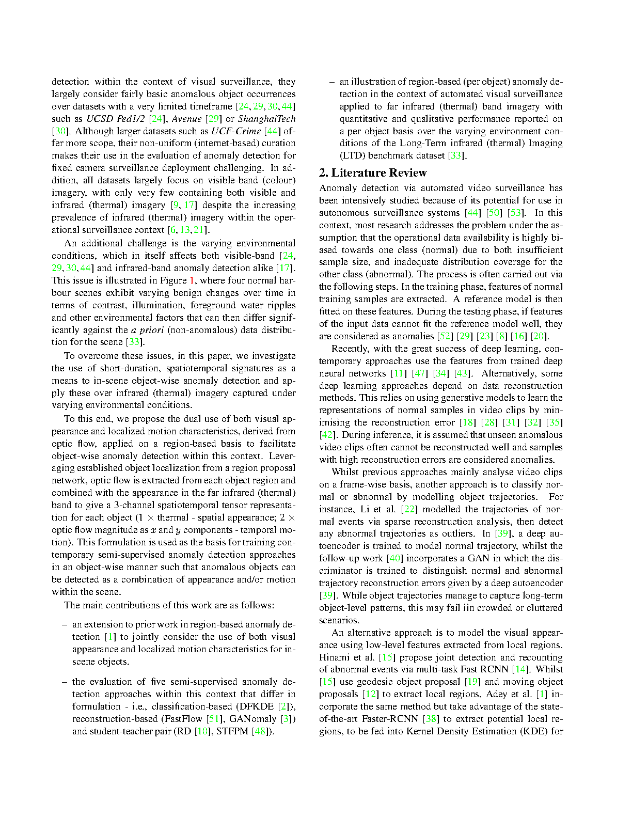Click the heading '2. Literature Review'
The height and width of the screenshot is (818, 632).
373,173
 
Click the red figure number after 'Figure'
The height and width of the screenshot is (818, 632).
192,280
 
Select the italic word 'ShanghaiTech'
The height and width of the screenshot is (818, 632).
267,119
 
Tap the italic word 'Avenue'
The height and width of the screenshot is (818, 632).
186,119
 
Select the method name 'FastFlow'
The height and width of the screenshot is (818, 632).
182,719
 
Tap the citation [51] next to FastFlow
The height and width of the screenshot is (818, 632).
214,719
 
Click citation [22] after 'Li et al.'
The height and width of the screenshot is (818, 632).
408,509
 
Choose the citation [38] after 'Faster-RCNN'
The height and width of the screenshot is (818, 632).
431,719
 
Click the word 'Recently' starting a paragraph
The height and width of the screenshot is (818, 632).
350,349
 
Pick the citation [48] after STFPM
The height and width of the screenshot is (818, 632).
260,731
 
